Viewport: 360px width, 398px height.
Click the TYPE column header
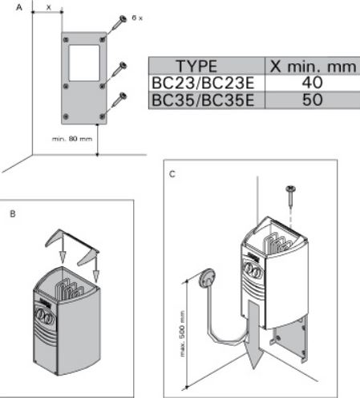[x=196, y=66]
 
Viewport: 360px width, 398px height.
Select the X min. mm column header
[x=313, y=66]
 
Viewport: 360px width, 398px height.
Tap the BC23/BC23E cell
[x=203, y=83]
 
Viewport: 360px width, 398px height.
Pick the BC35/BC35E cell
[x=203, y=100]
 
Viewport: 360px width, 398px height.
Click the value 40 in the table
[x=312, y=83]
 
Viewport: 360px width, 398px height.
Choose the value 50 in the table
[x=312, y=99]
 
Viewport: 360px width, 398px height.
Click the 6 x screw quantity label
[x=137, y=18]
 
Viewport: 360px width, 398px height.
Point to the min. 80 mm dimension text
[x=72, y=139]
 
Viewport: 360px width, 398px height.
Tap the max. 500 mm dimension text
[x=182, y=334]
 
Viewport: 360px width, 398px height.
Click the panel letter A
[x=19, y=7]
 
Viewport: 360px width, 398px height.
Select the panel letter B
[x=13, y=214]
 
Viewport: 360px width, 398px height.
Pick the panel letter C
[x=172, y=174]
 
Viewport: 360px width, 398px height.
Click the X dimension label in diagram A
[x=48, y=7]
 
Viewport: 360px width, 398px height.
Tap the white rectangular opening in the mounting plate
[x=84, y=63]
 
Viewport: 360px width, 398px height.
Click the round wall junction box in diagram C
[x=207, y=278]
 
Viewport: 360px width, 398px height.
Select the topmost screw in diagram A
[x=119, y=23]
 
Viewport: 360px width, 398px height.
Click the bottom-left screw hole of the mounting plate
[x=66, y=116]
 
